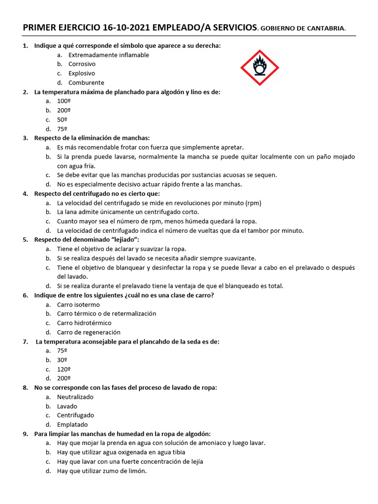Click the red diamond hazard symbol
(259, 67)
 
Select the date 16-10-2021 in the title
(126, 28)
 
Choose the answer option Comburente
(86, 83)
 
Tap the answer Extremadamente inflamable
(109, 55)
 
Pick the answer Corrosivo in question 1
(82, 64)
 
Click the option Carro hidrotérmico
(84, 323)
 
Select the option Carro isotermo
(78, 305)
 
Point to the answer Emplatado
(72, 424)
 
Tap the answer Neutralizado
(75, 397)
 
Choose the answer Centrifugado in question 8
(75, 415)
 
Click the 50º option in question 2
(62, 120)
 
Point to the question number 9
(25, 434)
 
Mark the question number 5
(25, 240)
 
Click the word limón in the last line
(137, 471)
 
